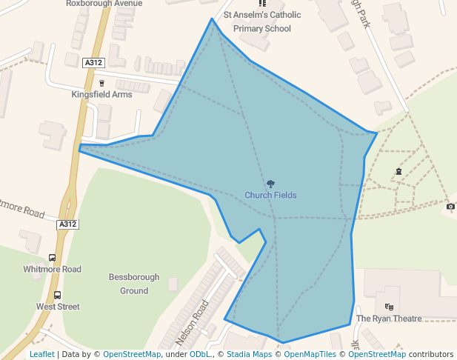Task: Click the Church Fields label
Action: (x=270, y=196)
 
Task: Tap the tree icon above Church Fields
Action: (x=270, y=184)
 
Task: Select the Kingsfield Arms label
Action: (x=101, y=95)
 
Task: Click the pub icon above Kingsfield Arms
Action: (x=101, y=83)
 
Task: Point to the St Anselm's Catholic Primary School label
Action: (x=261, y=22)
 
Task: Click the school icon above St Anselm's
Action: (x=261, y=4)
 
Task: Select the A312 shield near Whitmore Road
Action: (x=68, y=224)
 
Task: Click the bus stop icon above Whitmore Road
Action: (x=52, y=258)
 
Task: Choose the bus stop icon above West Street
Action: (x=58, y=295)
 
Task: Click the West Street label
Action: (x=58, y=307)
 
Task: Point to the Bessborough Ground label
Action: (x=134, y=284)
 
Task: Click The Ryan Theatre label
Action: (x=389, y=319)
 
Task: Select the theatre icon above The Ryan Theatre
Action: (x=390, y=307)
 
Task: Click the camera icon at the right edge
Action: (x=450, y=206)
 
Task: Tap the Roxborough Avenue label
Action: (x=104, y=3)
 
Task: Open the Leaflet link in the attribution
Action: (x=42, y=354)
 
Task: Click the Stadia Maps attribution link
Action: (x=249, y=354)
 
